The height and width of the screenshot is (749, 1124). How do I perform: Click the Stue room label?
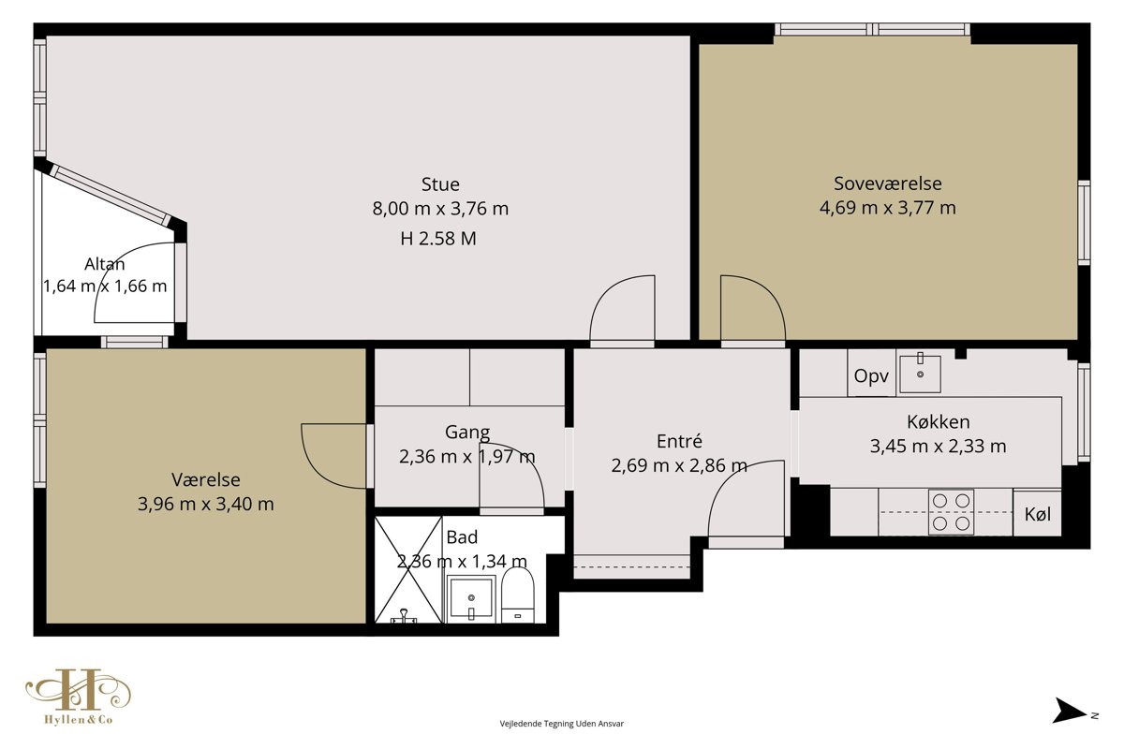(x=440, y=184)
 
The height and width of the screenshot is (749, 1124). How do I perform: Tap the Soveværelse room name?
(x=888, y=184)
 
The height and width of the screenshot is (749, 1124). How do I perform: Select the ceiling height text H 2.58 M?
(x=438, y=239)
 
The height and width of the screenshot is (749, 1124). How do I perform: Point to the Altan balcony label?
(x=104, y=264)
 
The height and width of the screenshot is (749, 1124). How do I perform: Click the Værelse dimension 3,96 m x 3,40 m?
(x=206, y=504)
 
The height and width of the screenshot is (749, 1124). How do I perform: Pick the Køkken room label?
(x=938, y=422)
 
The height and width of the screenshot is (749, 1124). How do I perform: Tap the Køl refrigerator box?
(x=1037, y=513)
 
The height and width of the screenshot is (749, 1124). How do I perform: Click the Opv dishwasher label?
(x=871, y=375)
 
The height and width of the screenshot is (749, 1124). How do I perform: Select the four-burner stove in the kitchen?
(x=951, y=512)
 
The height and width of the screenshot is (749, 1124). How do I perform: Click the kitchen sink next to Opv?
(x=920, y=374)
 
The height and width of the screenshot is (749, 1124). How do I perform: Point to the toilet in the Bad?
(x=518, y=595)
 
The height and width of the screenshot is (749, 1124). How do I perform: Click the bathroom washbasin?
(x=470, y=599)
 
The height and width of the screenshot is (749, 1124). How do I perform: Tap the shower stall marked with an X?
(x=408, y=570)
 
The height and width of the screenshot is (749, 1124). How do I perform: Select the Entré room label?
(x=679, y=442)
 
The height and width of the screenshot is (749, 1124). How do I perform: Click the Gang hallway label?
(x=467, y=432)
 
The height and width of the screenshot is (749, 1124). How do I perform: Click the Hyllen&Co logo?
(x=79, y=697)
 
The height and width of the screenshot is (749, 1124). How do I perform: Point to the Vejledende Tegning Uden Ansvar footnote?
(x=561, y=724)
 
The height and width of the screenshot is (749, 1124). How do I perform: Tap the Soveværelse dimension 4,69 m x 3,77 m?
(x=888, y=208)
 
